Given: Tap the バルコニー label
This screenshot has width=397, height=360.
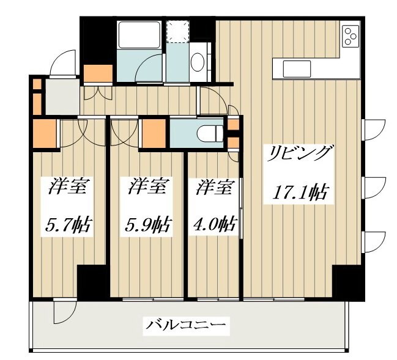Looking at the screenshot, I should point(186,325).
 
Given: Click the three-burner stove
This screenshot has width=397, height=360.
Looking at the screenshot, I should point(351,36).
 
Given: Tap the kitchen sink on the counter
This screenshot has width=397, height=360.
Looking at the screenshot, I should point(296,67).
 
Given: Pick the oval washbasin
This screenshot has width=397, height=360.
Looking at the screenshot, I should point(198,62).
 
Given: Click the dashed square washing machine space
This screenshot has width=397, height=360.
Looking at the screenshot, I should point(180,31).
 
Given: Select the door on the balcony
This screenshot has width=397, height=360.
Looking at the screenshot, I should point(62,312).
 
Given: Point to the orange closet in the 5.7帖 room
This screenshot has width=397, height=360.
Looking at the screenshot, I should point(44,133).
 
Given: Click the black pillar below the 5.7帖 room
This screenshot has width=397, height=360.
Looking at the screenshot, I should point(92,283).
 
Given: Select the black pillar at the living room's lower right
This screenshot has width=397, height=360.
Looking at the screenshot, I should point(347,283).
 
